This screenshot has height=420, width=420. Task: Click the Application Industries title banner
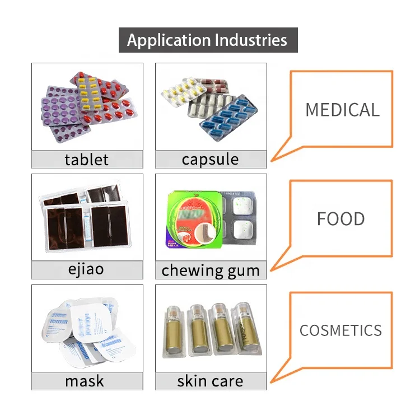[208, 40]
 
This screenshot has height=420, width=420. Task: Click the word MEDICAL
[342, 109]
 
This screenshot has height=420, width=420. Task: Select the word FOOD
[340, 218]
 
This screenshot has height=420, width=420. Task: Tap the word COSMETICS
[340, 330]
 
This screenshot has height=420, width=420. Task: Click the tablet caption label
[87, 160]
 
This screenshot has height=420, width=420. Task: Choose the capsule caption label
[210, 160]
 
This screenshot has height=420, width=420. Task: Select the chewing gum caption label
[211, 270]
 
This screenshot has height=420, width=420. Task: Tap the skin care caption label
[211, 381]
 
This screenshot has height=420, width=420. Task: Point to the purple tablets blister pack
[62, 109]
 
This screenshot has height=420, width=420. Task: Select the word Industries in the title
[251, 40]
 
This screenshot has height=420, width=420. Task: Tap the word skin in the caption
[192, 381]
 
